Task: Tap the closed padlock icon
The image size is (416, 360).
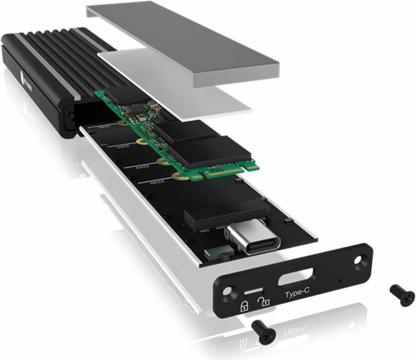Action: pyautogui.click(x=244, y=304)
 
